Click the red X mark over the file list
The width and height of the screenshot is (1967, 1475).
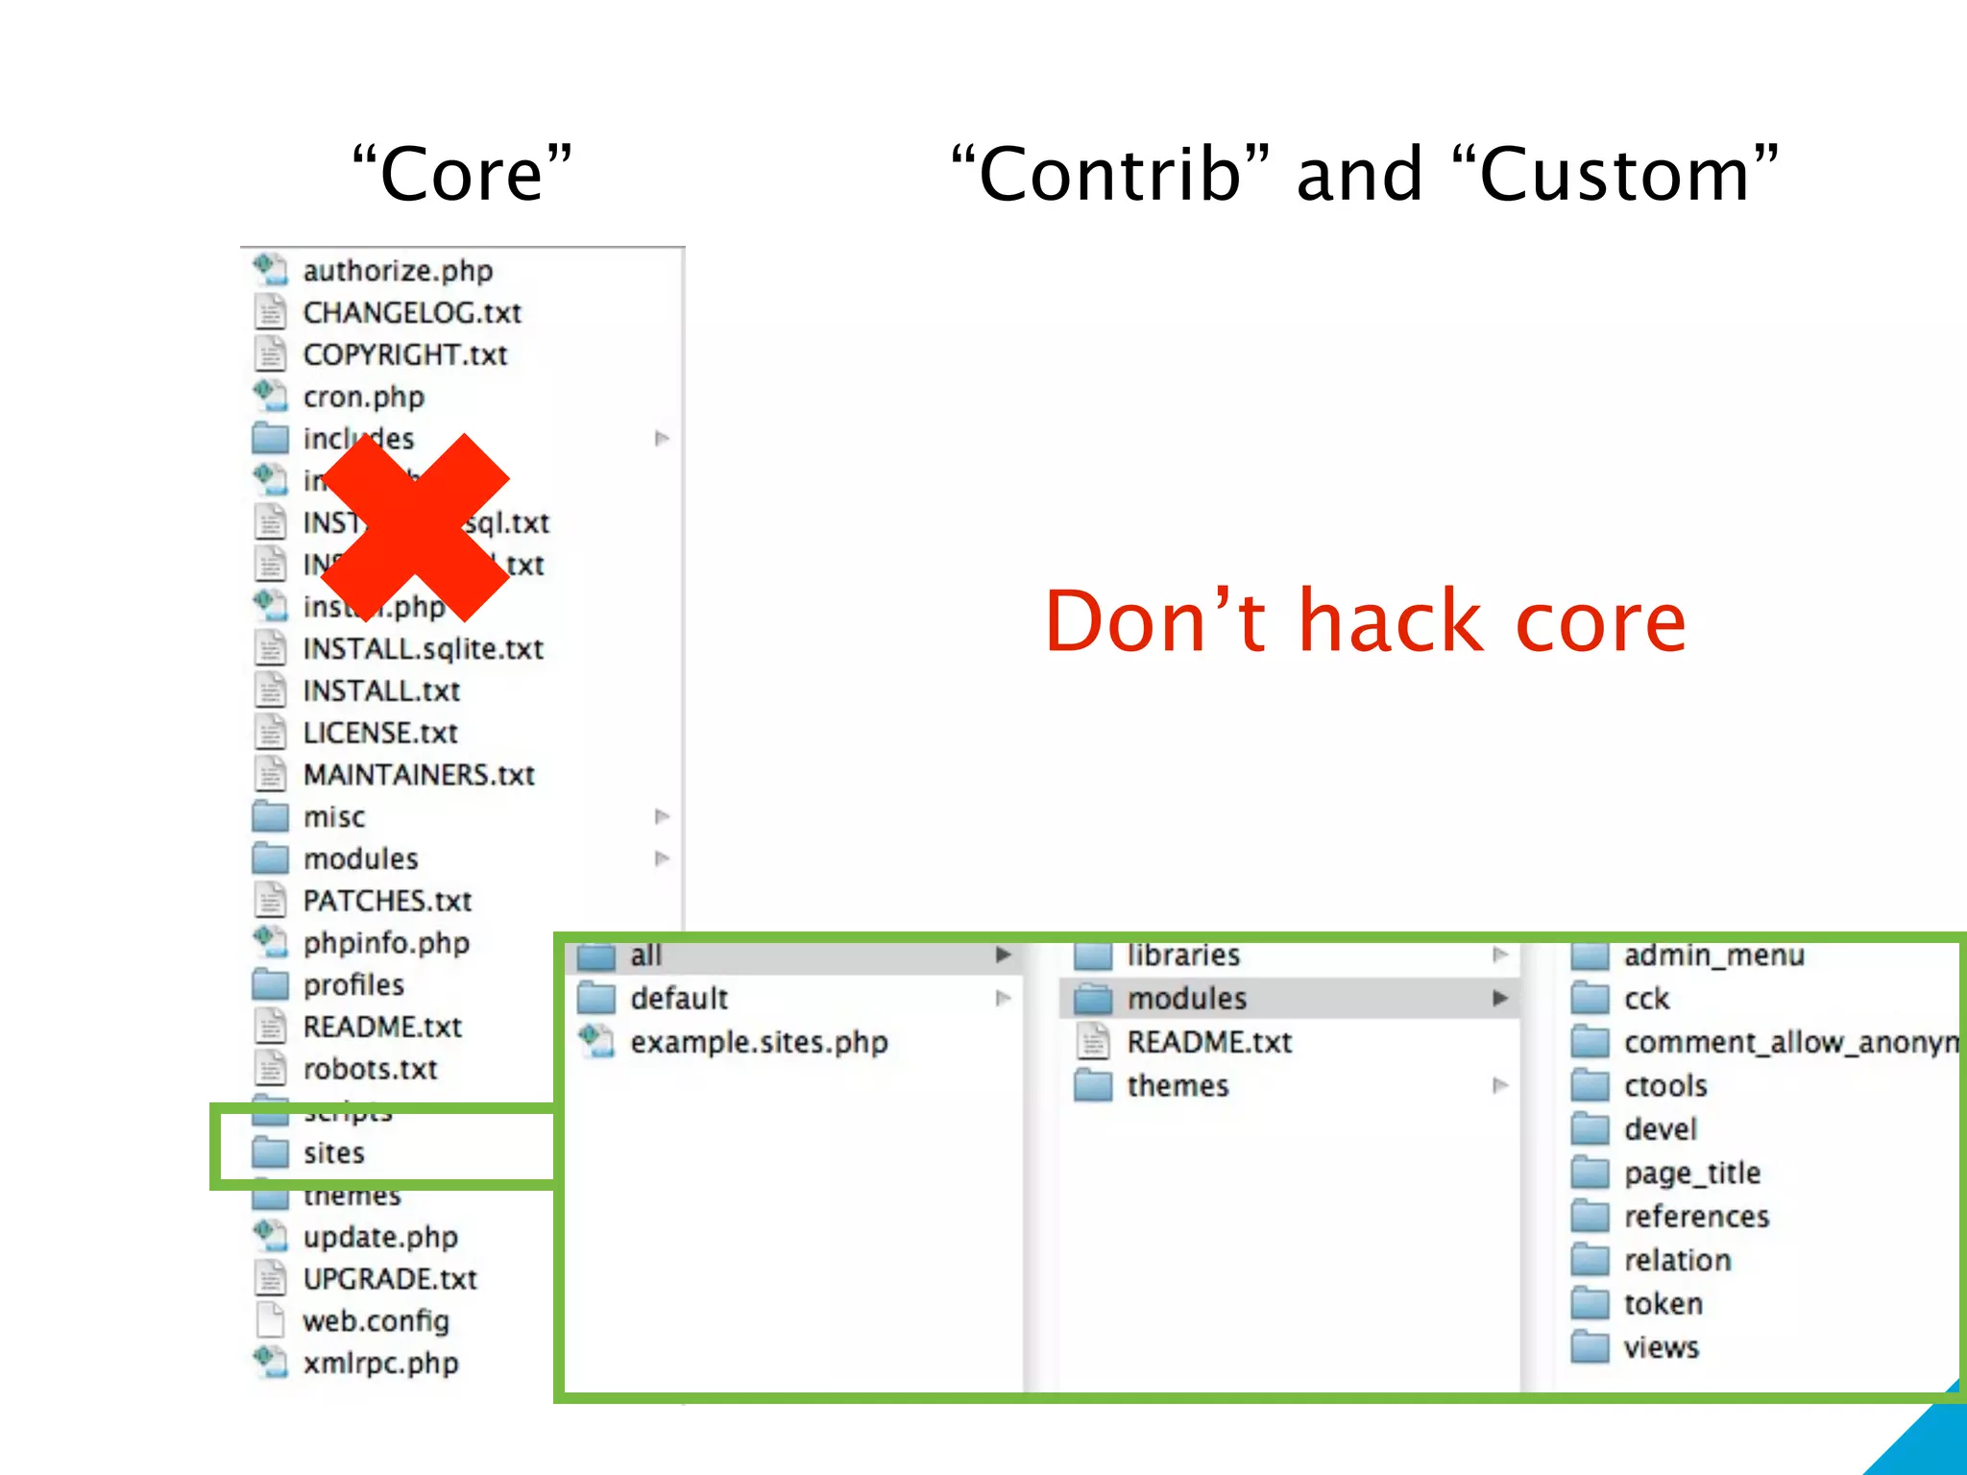(x=415, y=526)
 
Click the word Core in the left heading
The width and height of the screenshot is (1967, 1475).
(x=462, y=174)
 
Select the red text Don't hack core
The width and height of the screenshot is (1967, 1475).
(x=1365, y=621)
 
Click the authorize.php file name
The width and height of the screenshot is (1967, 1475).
(x=398, y=271)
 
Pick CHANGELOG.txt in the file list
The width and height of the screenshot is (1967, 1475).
(x=412, y=313)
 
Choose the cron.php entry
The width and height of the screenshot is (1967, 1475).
(x=363, y=397)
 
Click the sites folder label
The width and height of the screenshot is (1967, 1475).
(x=334, y=1152)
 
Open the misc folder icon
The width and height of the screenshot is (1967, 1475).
(x=271, y=816)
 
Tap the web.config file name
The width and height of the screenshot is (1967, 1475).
(x=376, y=1321)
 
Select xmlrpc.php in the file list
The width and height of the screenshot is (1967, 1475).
(x=380, y=1364)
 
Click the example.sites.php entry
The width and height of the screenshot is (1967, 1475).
(x=759, y=1042)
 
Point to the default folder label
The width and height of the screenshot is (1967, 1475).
(x=679, y=999)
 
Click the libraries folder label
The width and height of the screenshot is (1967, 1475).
(x=1183, y=955)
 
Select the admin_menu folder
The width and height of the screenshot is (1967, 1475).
(x=1713, y=955)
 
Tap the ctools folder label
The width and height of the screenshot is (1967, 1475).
(x=1665, y=1086)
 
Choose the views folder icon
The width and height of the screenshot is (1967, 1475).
(x=1591, y=1347)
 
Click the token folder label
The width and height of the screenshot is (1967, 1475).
(x=1663, y=1304)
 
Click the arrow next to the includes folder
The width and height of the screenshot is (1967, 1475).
(x=662, y=439)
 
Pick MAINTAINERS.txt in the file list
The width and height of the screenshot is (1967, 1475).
(x=419, y=775)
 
